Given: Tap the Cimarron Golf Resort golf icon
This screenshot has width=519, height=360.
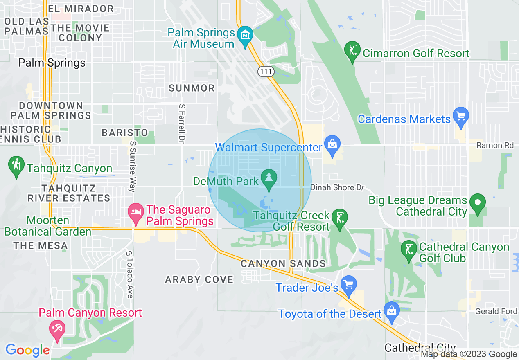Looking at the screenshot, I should [352, 51].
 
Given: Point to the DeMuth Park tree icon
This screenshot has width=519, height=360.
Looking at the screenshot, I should [269, 179].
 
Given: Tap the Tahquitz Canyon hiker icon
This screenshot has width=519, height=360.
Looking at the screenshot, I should [16, 166].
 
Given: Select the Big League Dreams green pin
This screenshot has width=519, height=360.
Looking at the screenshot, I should [477, 203].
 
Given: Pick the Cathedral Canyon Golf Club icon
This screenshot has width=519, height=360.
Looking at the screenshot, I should [408, 250].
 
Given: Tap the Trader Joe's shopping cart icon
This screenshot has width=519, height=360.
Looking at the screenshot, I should [349, 285].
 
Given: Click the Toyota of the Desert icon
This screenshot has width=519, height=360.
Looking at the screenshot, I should [392, 312].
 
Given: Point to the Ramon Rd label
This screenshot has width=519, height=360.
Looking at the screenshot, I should [495, 145].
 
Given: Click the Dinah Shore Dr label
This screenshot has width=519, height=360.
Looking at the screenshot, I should [337, 187].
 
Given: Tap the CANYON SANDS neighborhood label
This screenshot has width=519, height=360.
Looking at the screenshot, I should [283, 263].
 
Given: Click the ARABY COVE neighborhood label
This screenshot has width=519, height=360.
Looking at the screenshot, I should [199, 279].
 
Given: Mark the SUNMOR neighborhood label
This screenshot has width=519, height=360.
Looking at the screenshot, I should [192, 88].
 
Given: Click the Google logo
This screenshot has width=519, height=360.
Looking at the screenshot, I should [27, 350].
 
